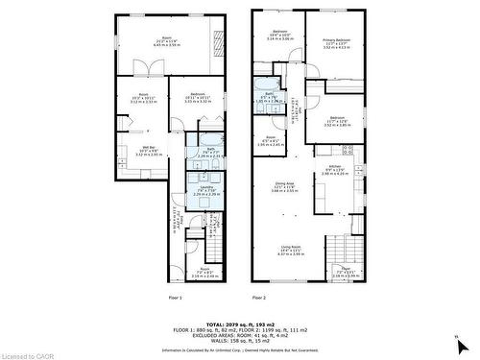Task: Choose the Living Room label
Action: point(290,251)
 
